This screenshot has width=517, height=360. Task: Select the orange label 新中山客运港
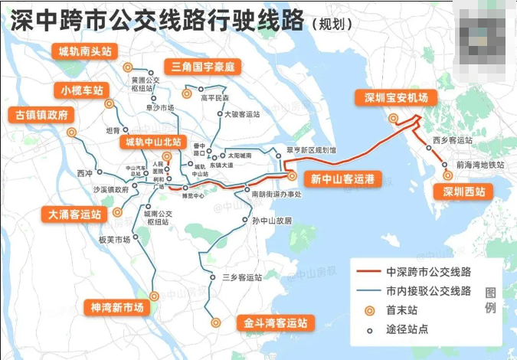(x=342, y=180)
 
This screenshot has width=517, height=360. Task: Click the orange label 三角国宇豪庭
(x=202, y=67)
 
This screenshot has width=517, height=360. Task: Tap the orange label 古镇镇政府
(x=41, y=116)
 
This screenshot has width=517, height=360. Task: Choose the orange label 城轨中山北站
(x=154, y=142)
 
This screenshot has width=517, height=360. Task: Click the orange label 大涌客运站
(x=74, y=214)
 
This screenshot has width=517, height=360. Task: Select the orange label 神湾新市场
(x=116, y=307)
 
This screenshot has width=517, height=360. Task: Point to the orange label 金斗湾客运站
(x=275, y=323)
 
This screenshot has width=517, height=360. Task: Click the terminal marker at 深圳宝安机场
(x=393, y=118)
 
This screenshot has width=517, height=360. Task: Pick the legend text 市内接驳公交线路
(x=428, y=291)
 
